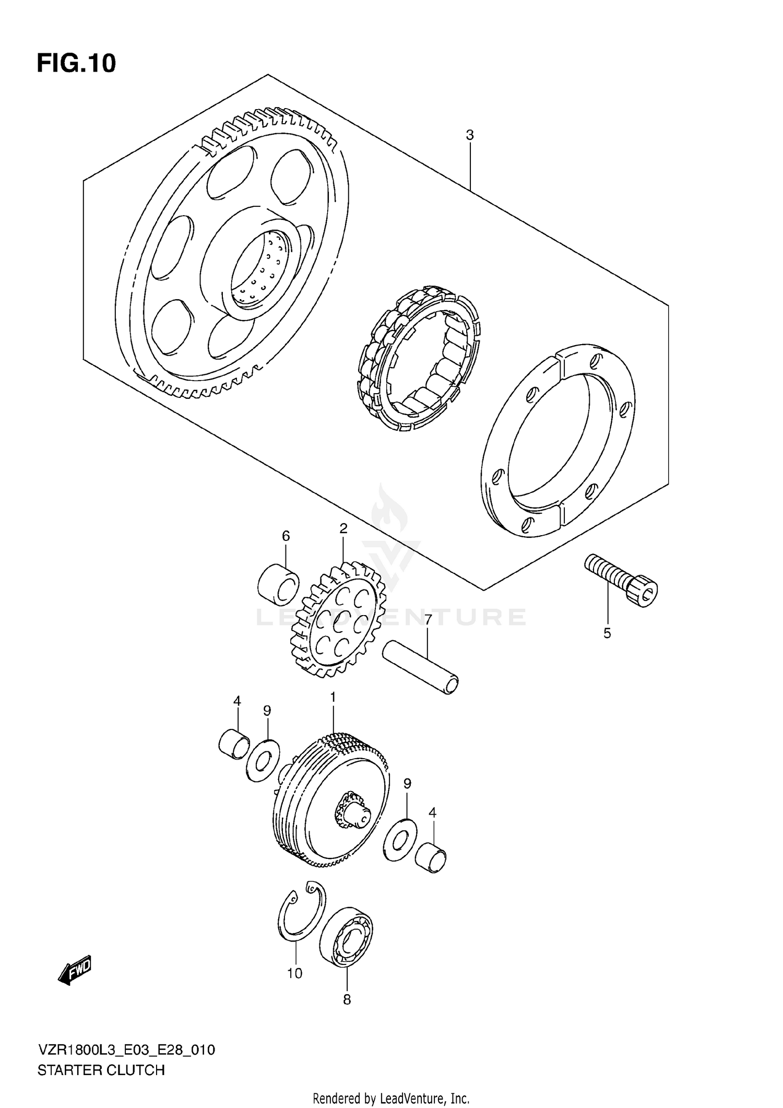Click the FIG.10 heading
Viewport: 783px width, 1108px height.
pos(76,63)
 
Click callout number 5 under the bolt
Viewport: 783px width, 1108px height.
pos(607,633)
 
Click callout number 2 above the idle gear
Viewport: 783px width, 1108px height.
pos(343,528)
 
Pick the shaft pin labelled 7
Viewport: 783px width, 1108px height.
pos(421,669)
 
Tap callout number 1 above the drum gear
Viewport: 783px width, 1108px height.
pos(333,698)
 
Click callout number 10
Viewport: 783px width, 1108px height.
pos(294,973)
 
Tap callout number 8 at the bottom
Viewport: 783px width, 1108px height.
pos(347,999)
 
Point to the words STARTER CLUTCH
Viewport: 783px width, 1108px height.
pos(101,1070)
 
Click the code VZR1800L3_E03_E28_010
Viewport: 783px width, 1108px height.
pos(126,1050)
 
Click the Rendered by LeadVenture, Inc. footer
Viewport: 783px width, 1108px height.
pos(391,1098)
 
